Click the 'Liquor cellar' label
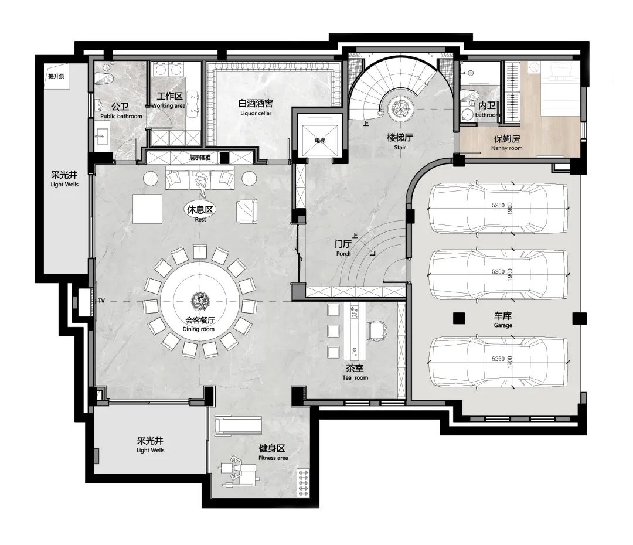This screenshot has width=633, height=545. coord(256,114)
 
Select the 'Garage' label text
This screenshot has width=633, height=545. coord(503,325)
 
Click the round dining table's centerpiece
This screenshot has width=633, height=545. coord(200,300)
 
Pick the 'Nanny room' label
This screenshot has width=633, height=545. coord(506,148)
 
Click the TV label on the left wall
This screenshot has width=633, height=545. coord(101,301)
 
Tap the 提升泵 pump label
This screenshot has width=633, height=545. coord(56,76)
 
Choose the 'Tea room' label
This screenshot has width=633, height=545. coord(355,378)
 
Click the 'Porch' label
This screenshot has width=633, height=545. coord(343,254)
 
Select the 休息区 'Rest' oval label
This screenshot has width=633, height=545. coord(200,210)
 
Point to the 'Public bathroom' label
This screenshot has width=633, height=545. coord(121,116)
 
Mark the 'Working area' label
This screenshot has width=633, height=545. coord(168,105)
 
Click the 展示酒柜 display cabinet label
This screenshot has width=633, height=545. coord(200,158)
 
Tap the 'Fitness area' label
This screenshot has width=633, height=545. coord(273,458)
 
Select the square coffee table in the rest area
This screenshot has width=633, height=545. coord(147,209)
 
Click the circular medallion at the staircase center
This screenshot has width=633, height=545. coord(401,108)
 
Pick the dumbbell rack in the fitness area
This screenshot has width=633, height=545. coord(303,482)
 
